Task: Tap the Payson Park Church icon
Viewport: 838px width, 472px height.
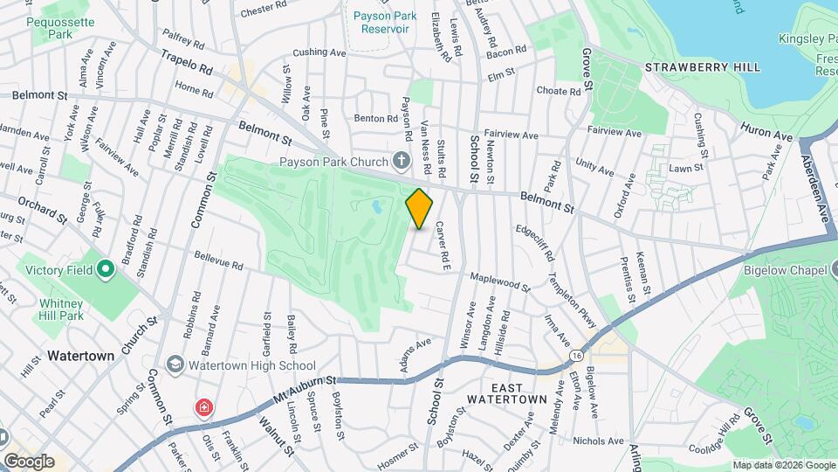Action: click(401, 161)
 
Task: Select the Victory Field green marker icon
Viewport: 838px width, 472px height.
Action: click(105, 268)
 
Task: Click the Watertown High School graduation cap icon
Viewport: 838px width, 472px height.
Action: click(175, 364)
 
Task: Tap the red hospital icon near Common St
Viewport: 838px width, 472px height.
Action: click(203, 407)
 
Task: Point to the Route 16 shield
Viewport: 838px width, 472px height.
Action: click(577, 356)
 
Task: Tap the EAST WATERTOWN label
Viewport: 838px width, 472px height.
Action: click(507, 393)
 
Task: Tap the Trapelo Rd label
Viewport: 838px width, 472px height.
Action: click(187, 61)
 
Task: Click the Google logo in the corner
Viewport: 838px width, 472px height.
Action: click(29, 461)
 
